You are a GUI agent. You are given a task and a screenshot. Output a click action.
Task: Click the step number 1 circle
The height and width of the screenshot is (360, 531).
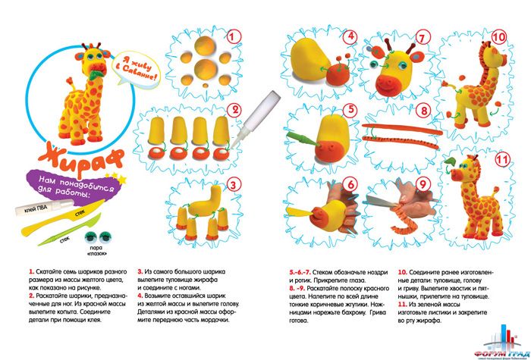pyautogui.click(x=235, y=36)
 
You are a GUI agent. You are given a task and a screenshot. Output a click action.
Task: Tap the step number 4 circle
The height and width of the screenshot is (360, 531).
pyautogui.click(x=350, y=36)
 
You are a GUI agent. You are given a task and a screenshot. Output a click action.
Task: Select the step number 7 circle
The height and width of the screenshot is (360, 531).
pyautogui.click(x=422, y=37)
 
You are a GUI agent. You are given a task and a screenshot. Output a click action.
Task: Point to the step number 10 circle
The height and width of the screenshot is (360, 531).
pyautogui.click(x=498, y=36)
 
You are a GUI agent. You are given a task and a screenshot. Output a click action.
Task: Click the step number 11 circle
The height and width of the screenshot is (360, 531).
pyautogui.click(x=498, y=159)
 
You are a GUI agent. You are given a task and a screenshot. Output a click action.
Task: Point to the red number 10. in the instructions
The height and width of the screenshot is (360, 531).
pyautogui.click(x=403, y=271)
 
